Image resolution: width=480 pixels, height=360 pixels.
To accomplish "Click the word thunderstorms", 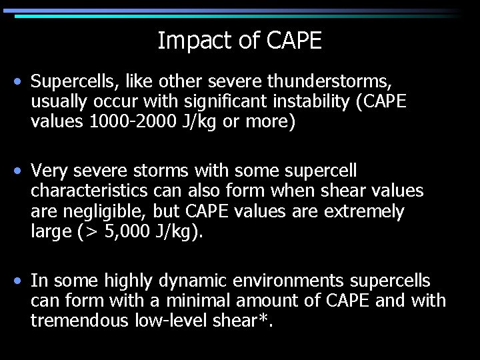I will coord(329,82).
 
